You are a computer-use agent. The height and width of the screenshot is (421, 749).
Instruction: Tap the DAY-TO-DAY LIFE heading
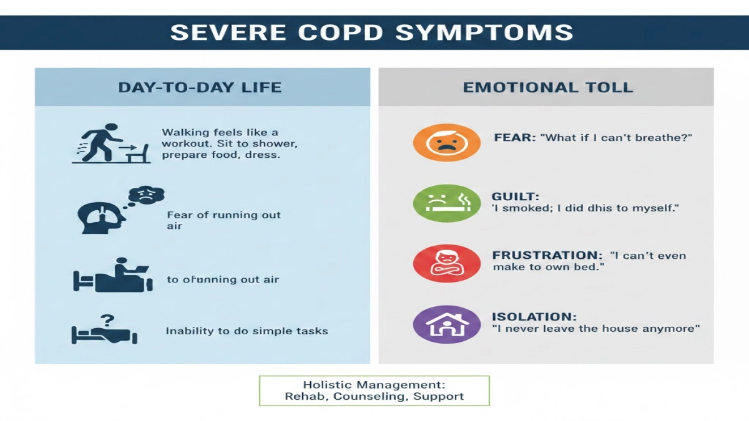tap(200, 87)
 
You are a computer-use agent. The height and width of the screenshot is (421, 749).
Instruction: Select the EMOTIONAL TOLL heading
tap(547, 87)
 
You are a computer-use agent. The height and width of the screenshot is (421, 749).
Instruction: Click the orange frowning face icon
tap(438, 142)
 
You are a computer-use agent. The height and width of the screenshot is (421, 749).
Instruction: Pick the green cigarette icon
tap(438, 203)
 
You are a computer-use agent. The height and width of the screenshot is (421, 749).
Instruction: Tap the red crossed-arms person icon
tap(438, 263)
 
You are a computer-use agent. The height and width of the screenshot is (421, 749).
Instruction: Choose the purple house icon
tap(438, 324)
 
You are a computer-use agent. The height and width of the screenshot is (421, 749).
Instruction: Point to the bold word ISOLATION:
tap(534, 316)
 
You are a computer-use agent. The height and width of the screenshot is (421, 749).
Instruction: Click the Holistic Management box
tap(374, 390)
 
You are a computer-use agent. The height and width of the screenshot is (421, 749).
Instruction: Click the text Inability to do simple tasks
tap(247, 331)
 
